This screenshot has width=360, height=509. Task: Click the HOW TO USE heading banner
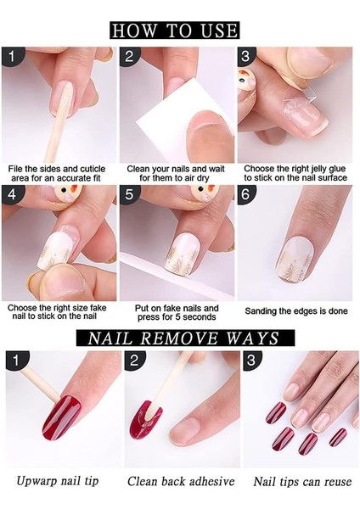click(175, 31)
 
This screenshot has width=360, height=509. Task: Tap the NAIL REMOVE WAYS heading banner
click(185, 338)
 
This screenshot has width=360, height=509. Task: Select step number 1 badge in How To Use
click(12, 57)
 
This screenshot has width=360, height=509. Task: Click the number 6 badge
click(246, 194)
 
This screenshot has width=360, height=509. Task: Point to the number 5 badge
click(129, 194)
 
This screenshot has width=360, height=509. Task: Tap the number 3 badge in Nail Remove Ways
click(250, 360)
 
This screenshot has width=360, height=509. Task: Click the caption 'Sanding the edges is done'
click(296, 311)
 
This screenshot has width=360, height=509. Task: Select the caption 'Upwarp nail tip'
click(58, 481)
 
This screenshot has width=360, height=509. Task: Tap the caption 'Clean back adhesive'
click(181, 481)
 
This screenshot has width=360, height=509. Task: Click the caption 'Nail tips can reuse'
click(302, 481)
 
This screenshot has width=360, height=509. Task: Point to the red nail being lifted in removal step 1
click(61, 417)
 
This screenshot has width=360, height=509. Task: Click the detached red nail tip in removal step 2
click(145, 419)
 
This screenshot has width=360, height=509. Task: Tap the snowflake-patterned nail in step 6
click(295, 259)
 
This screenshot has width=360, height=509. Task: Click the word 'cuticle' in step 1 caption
click(93, 169)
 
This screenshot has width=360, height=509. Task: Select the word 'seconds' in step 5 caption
click(198, 316)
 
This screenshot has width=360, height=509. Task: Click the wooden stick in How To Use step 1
click(61, 122)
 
